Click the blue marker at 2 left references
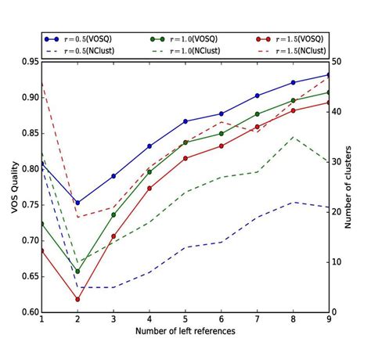77,203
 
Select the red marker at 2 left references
77,299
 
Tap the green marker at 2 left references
77,272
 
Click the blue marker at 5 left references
185,121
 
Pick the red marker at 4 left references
149,188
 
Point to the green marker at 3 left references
113,214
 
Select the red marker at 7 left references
258,127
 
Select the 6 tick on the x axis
222,321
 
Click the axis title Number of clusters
359,186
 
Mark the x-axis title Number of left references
185,332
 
